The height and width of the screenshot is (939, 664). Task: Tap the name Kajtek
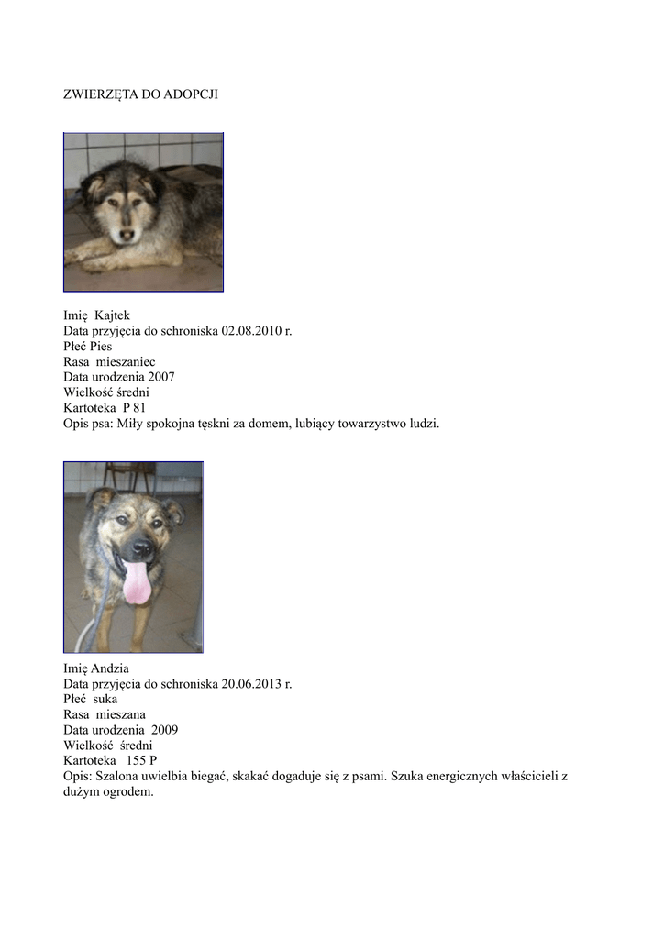[x=113, y=316]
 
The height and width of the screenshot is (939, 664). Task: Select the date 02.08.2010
[x=250, y=331]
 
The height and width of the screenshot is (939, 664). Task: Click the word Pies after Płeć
[x=101, y=347]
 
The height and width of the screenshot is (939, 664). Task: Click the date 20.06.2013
[x=250, y=684]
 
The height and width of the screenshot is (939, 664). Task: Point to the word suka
[x=105, y=699]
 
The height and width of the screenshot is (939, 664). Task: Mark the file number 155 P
[x=141, y=760]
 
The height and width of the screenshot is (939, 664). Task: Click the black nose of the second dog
[x=141, y=547]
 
